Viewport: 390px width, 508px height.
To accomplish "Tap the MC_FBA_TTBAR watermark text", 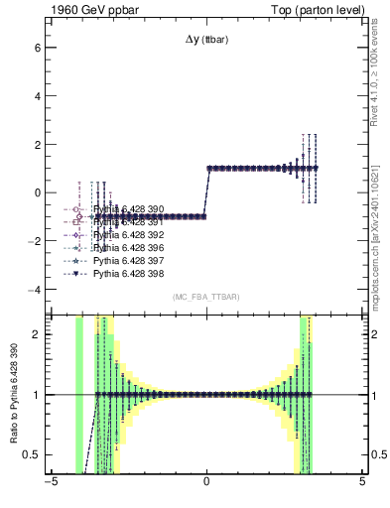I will click(206, 298).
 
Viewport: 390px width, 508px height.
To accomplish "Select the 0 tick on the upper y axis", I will click(36, 192).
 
